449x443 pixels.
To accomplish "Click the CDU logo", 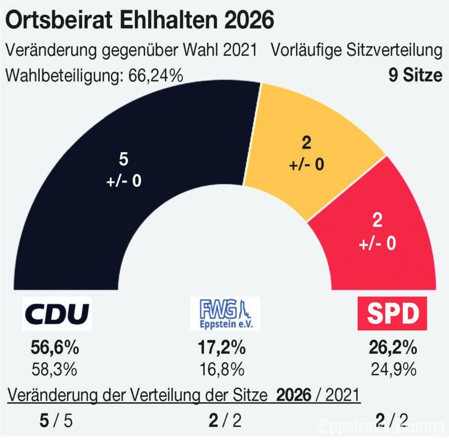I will pos(57,314).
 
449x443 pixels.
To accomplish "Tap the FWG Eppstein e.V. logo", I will pos(225,314).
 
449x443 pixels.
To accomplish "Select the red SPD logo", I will pos(393,314).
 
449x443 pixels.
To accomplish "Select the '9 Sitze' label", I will pos(415,75).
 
